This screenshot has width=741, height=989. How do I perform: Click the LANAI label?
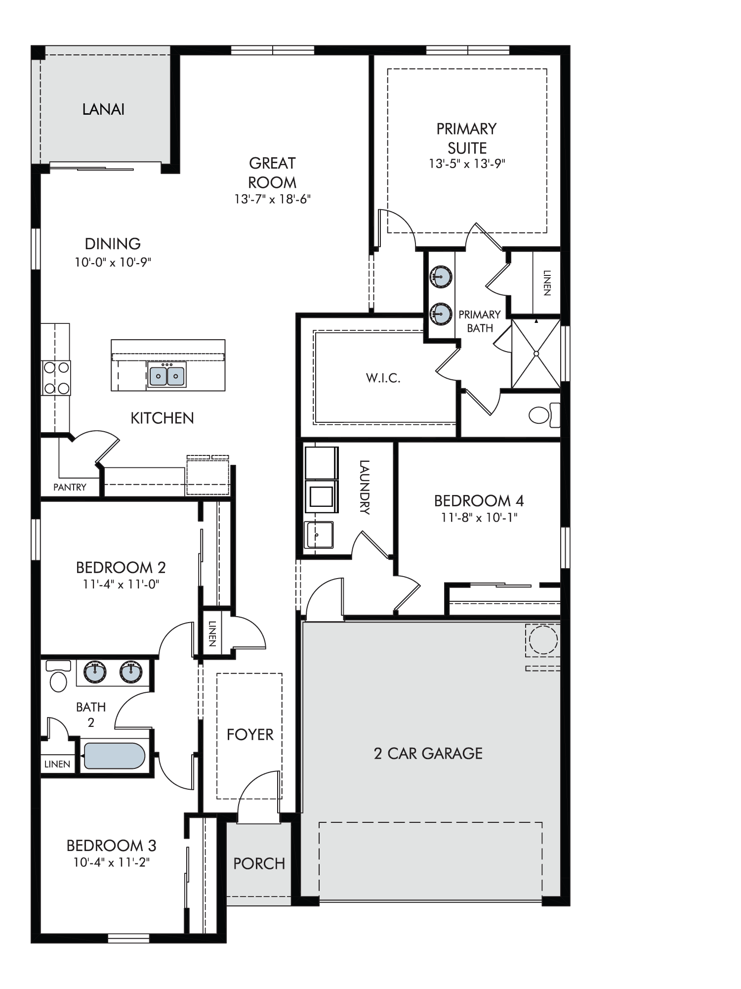click(103, 109)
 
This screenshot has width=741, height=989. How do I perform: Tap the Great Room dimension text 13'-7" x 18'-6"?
click(272, 199)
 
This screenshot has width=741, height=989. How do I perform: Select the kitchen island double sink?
click(166, 375)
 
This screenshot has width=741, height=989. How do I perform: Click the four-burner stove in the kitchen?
click(56, 378)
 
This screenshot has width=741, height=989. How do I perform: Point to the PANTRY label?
click(70, 487)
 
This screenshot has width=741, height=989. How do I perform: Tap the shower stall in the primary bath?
click(536, 354)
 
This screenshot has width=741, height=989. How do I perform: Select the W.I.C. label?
click(383, 378)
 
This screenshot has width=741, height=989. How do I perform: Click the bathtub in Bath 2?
click(114, 756)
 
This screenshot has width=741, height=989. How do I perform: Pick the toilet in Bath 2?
click(58, 676)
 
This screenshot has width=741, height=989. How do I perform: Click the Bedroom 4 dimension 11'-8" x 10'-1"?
click(479, 518)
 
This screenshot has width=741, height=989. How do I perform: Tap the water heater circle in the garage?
click(543, 640)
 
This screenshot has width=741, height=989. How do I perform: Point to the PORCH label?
click(259, 863)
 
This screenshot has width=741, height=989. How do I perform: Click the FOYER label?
click(250, 734)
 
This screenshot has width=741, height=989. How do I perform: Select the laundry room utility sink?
click(319, 535)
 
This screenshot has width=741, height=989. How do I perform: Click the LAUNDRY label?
click(365, 488)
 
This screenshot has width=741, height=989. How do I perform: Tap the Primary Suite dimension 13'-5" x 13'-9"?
click(467, 164)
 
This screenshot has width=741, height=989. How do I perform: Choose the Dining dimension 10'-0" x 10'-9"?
click(113, 262)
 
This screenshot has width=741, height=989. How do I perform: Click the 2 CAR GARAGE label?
click(428, 753)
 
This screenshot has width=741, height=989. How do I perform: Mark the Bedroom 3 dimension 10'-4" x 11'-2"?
click(112, 862)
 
